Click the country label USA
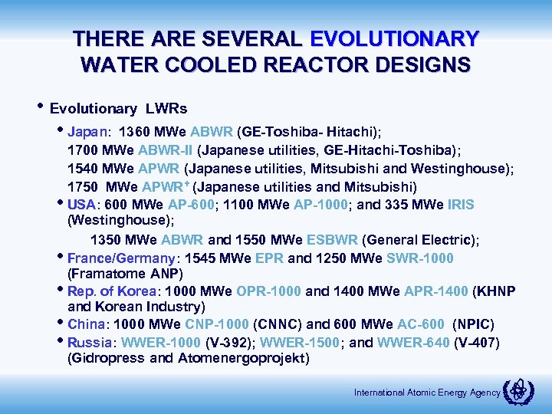(x=81, y=205)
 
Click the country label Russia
(x=90, y=340)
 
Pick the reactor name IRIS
(x=457, y=205)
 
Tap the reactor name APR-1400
(x=432, y=291)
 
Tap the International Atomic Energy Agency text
(x=426, y=393)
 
